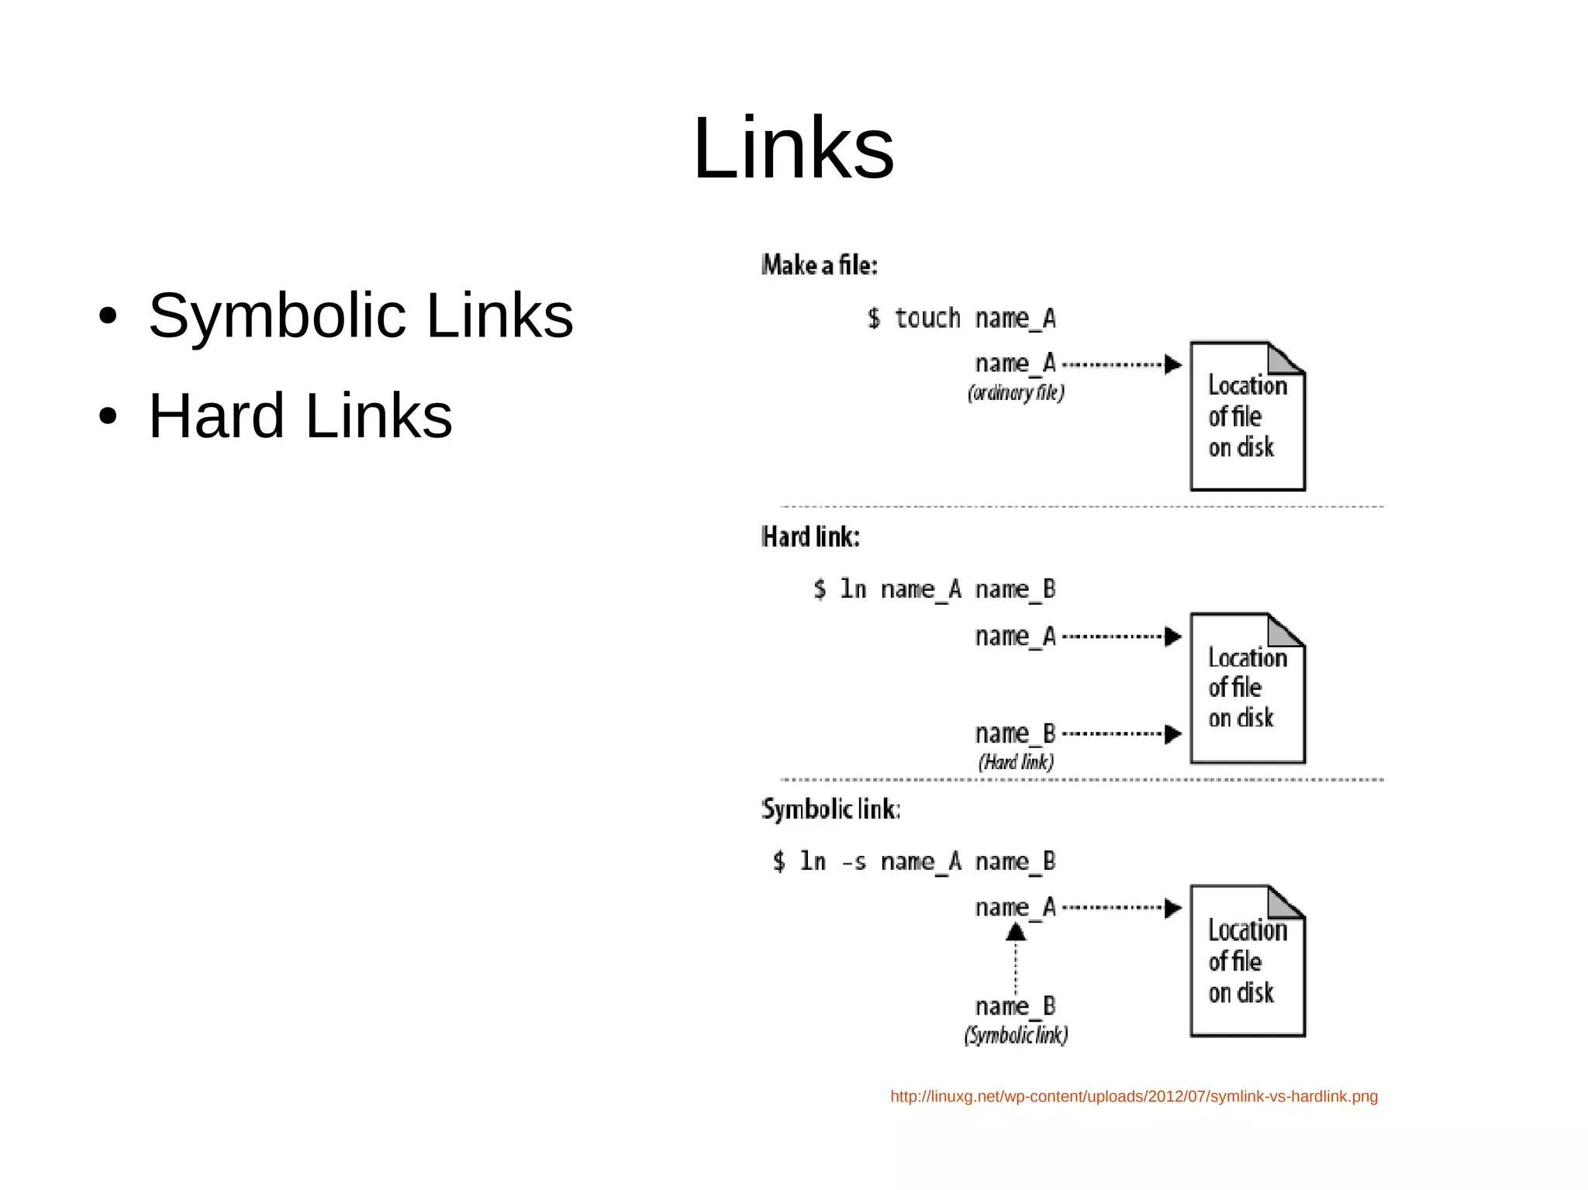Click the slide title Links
(x=793, y=147)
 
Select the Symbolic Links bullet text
(x=361, y=316)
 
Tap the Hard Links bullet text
(x=300, y=416)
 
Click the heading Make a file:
(x=819, y=265)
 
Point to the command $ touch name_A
(x=961, y=319)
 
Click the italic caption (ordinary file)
(x=1016, y=393)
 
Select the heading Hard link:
(x=810, y=536)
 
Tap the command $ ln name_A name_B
(x=934, y=589)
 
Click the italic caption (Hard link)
(x=1016, y=762)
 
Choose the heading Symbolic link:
(x=830, y=809)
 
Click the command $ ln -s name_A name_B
(x=913, y=861)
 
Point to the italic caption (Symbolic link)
(x=1016, y=1035)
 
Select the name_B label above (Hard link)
(x=1015, y=733)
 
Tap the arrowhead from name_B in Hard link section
(x=1173, y=733)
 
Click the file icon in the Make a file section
(x=1247, y=416)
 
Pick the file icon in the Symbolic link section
(x=1247, y=961)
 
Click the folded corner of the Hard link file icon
(x=1285, y=629)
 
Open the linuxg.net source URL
(x=1134, y=1096)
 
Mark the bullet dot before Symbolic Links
(x=108, y=316)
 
